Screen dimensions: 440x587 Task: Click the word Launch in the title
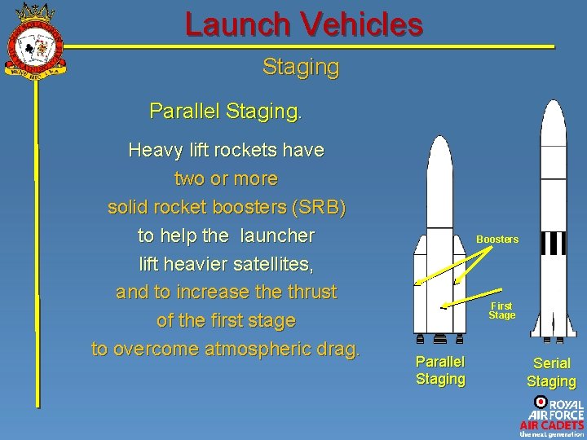[237, 24]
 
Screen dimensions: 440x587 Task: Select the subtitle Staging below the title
[300, 67]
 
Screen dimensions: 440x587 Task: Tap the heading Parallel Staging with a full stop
[225, 110]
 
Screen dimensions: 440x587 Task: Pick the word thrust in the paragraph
[309, 292]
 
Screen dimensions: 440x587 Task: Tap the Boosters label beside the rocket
[497, 240]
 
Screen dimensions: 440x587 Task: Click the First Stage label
[501, 310]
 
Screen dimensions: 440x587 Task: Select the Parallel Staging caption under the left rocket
[440, 370]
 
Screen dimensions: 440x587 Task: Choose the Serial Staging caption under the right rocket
[551, 372]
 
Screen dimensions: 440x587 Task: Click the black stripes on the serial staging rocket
[554, 243]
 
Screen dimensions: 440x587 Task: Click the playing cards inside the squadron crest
[33, 48]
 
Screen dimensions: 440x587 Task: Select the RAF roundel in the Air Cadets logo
[540, 402]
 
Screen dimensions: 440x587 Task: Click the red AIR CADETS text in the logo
[552, 425]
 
